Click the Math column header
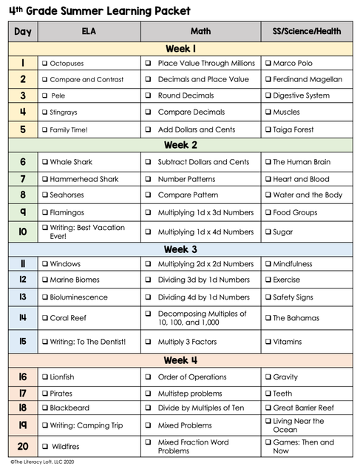200,32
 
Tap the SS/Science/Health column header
307,32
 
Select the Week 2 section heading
180,145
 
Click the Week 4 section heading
180,360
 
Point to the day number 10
23,232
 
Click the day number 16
23,376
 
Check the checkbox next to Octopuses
45,64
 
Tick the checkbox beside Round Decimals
148,95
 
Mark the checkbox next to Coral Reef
45,318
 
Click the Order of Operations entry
191,377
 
